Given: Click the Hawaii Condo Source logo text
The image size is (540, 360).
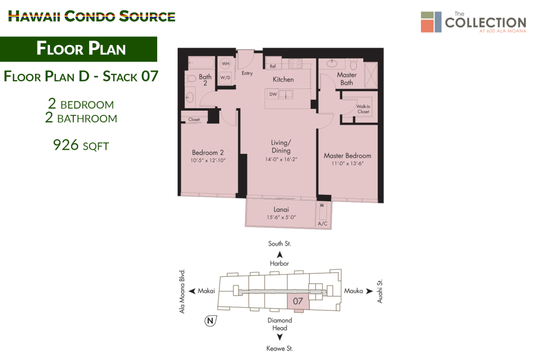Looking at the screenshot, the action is [92, 16].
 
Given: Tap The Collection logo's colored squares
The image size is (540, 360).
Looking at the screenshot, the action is [431, 22].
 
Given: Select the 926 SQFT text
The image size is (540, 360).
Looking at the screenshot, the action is [81, 145].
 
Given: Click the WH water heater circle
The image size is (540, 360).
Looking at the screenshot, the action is [226, 64].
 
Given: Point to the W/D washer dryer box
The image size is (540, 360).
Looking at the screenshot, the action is [225, 78].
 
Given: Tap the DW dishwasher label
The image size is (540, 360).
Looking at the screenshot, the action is [273, 94].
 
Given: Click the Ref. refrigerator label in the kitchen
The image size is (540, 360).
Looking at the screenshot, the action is [273, 66].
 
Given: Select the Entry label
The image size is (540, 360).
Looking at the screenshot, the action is [247, 73].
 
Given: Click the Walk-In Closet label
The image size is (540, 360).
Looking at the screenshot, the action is [363, 109].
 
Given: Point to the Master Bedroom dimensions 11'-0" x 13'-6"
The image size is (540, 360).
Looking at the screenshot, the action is [348, 163].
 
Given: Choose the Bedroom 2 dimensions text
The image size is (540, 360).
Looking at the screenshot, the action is [208, 160].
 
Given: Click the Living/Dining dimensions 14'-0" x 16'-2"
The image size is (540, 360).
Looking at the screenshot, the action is [281, 159].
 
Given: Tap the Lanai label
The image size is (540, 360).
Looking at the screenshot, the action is [281, 209].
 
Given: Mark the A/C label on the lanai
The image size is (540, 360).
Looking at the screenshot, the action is [323, 223].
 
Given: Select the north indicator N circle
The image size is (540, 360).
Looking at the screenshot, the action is [210, 321].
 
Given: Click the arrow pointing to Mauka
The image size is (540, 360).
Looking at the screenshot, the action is [369, 291].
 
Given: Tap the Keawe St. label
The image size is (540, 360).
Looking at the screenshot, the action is [279, 348].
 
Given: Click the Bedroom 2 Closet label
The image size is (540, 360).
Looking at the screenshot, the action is [194, 120].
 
